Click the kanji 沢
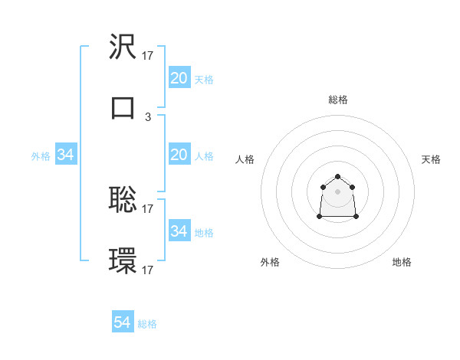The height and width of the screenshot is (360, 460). pyautogui.click(x=123, y=47)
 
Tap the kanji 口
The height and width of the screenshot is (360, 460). pyautogui.click(x=123, y=108)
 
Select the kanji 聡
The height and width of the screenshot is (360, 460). pyautogui.click(x=123, y=200)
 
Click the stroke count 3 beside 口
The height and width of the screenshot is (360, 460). pyautogui.click(x=148, y=117)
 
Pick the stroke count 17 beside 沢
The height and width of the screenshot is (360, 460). pyautogui.click(x=148, y=55)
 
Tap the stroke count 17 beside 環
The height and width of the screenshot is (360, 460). pyautogui.click(x=148, y=270)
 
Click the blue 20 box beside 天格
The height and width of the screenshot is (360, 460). pyautogui.click(x=179, y=78)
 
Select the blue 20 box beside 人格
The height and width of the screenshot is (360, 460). pyautogui.click(x=179, y=155)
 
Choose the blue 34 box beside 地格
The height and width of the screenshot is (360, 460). pyautogui.click(x=179, y=231)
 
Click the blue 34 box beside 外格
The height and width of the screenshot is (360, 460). pyautogui.click(x=66, y=155)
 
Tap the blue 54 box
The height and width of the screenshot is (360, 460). pyautogui.click(x=123, y=322)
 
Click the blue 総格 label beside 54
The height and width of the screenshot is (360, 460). pyautogui.click(x=147, y=324)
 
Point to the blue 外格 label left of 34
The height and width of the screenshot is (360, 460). pyautogui.click(x=41, y=156)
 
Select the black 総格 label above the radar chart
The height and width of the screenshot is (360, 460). pyautogui.click(x=338, y=100)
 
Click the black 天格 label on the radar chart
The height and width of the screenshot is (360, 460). pyautogui.click(x=431, y=159)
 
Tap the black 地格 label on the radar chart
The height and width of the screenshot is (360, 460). pyautogui.click(x=402, y=262)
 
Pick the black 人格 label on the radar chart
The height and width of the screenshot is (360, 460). pyautogui.click(x=245, y=159)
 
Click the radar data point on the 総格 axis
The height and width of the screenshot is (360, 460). pyautogui.click(x=338, y=176)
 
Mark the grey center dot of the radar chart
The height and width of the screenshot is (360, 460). pyautogui.click(x=338, y=191)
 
